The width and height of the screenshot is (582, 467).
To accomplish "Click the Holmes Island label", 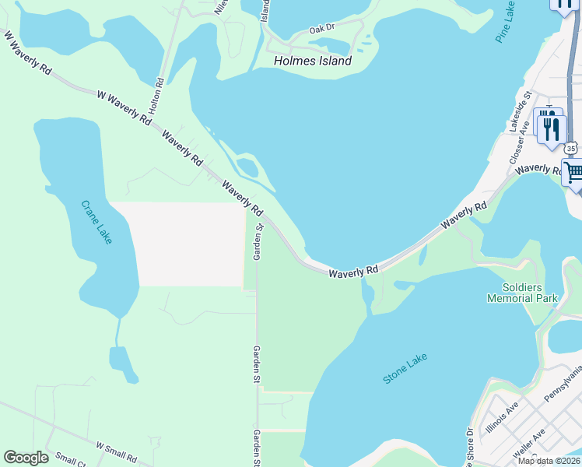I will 313,61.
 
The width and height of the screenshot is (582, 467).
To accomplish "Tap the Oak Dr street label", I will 321,28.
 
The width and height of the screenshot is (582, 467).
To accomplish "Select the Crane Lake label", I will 96,223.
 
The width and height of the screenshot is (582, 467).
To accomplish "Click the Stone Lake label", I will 405,368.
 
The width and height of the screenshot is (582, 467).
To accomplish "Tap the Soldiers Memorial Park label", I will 522,293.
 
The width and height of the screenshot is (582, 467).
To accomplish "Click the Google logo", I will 26,458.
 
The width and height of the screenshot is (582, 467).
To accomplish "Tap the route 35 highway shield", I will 572,148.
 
